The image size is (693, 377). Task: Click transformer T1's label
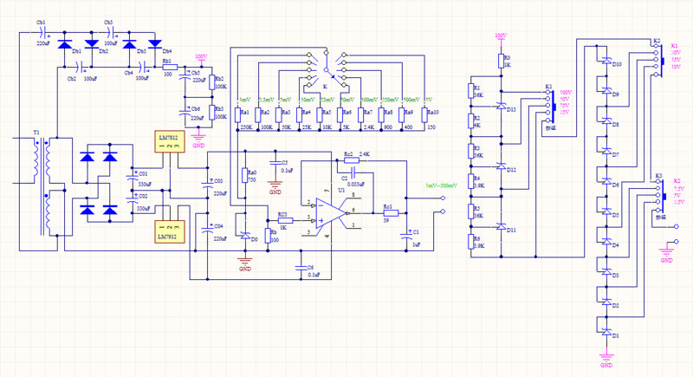(x=35, y=134)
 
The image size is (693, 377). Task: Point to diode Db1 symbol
(x=63, y=43)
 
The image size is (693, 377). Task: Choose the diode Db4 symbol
(x=155, y=43)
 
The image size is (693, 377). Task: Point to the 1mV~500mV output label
(x=439, y=185)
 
